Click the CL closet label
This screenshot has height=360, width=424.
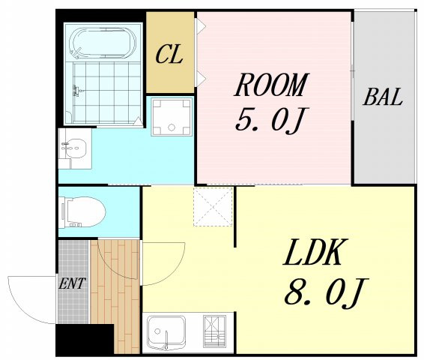169,54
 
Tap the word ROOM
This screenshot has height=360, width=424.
271,85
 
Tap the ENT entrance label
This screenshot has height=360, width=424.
72,283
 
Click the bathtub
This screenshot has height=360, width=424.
103,43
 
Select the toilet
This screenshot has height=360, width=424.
82,212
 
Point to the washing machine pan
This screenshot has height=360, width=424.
172,116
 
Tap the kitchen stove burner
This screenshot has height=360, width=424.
214,331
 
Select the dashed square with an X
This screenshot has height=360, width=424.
213,207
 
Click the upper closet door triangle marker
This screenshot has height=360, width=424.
202,26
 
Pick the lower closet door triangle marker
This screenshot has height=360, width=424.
202,79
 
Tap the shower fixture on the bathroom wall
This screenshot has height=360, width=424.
76,91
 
